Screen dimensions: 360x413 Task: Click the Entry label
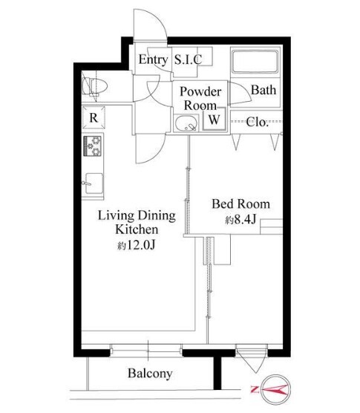(153, 59)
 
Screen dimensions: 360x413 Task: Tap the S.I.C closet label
(188, 59)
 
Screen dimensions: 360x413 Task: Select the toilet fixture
(95, 86)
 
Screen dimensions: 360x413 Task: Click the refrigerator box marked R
(94, 117)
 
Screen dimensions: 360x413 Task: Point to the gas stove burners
(93, 146)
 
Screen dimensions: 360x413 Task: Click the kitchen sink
(94, 183)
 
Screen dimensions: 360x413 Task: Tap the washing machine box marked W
(215, 119)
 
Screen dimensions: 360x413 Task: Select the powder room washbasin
(186, 123)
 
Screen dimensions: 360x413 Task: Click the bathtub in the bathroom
(255, 62)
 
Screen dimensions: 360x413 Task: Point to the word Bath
(264, 90)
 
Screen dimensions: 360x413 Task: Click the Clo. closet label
(257, 122)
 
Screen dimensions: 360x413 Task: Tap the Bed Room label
(241, 204)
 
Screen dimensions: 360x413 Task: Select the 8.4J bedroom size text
(240, 219)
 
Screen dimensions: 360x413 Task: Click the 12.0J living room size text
(137, 245)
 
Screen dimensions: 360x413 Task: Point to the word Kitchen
(137, 229)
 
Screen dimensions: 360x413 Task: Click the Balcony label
(150, 374)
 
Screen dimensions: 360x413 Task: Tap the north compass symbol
(276, 389)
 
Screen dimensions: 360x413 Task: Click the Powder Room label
(200, 99)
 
